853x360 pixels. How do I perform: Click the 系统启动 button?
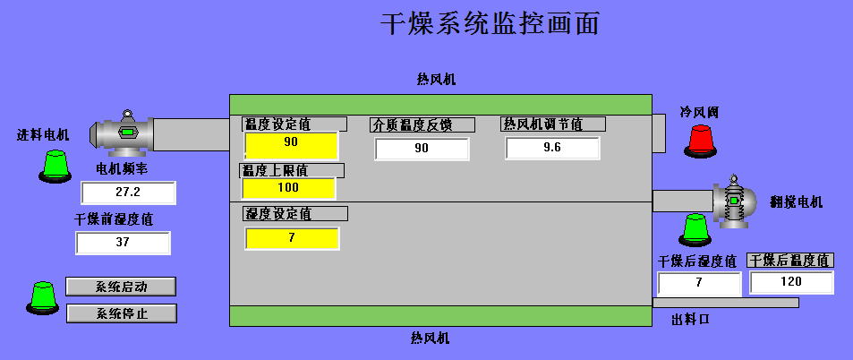point(121,287)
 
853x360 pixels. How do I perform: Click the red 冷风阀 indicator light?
point(701,138)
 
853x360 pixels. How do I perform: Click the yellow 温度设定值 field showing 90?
point(290,143)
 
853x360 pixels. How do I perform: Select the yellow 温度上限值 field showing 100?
point(288,188)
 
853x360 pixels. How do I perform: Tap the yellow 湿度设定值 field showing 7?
point(291,238)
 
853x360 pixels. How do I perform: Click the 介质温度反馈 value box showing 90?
point(422,149)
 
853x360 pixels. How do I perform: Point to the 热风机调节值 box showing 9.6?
point(551,148)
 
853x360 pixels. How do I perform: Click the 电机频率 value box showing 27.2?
point(128,193)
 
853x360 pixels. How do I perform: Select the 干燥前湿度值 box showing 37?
point(123,243)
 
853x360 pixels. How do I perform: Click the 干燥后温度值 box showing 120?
point(791,282)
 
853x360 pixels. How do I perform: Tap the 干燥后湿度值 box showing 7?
point(699,284)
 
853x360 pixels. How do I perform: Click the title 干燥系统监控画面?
point(490,24)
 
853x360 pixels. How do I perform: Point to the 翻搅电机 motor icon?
point(735,202)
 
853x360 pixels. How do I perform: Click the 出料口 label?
point(690,319)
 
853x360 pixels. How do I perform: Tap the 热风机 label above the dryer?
point(436,80)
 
